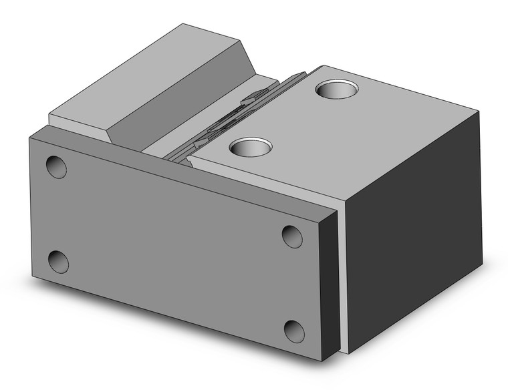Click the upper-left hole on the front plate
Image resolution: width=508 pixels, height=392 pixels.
(56, 167)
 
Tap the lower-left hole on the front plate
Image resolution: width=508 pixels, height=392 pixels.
(58, 261)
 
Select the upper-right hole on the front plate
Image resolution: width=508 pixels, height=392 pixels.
(291, 236)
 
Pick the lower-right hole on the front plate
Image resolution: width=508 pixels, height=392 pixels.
(294, 331)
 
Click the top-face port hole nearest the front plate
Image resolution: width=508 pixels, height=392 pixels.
(251, 146)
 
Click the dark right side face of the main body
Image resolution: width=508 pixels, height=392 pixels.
(414, 227)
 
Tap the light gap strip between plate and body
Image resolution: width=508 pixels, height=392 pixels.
(342, 280)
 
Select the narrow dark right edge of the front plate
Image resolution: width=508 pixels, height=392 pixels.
(329, 280)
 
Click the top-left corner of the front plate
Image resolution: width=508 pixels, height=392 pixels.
(29, 136)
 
